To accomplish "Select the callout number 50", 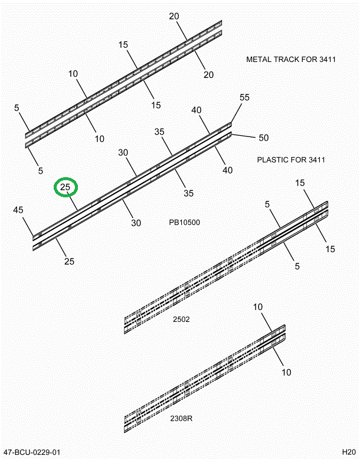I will coord(263,138).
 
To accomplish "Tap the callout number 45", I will coord(18,210).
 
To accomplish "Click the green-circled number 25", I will coord(66,188).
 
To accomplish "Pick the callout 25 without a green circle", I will coord(68,261).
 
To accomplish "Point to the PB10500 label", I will coord(185,223).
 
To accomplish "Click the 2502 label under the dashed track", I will coord(181,320).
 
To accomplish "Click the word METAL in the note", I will coord(258,60).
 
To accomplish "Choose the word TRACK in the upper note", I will coord(286,60).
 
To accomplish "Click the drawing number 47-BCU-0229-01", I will coord(31,453).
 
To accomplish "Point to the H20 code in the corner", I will coord(348,453).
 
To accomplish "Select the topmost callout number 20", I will coord(174,16).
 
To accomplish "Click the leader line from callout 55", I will coord(236,113).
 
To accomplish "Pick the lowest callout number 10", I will coord(286,372).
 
